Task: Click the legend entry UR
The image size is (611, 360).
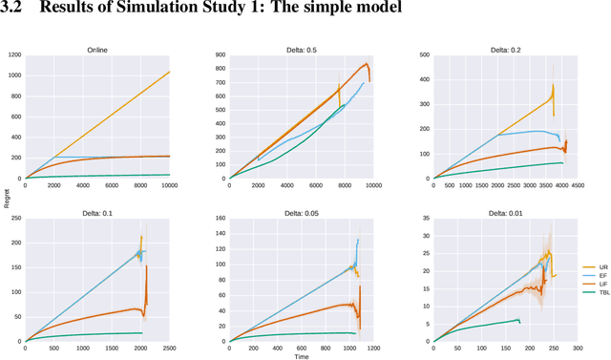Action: tap(591, 266)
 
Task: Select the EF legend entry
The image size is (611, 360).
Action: tap(591, 276)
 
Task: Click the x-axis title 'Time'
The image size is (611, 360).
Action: tap(301, 356)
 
